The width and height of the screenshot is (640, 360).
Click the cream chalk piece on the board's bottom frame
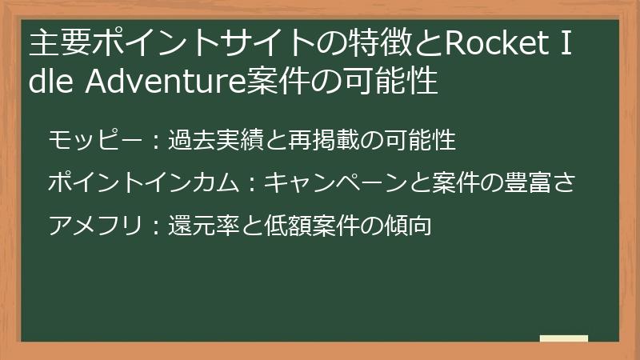pos(563,338)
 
